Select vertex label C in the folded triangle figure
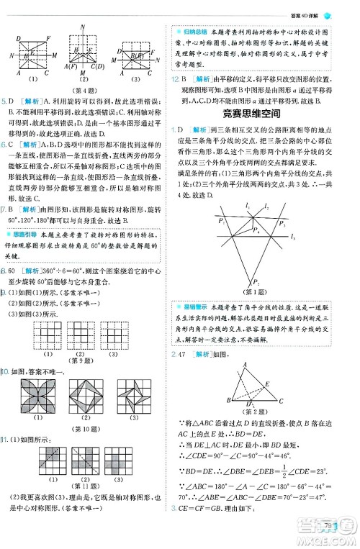pyautogui.click(x=282, y=401)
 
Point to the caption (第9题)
pyautogui.click(x=86, y=360)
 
